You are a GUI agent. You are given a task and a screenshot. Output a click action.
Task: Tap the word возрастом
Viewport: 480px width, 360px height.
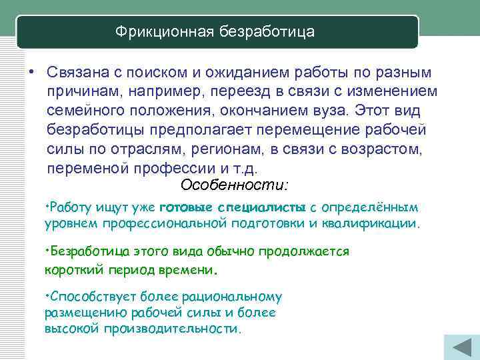coord(382,148)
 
